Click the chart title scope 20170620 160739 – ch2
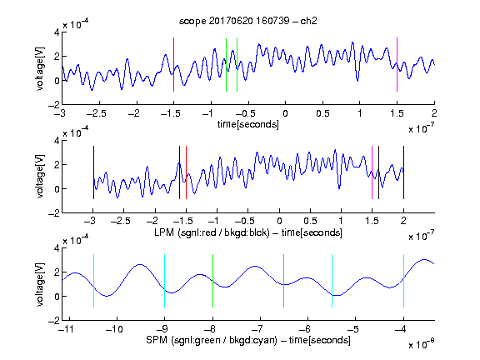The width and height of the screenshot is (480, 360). point(248,21)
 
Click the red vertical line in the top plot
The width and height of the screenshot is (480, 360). point(173,65)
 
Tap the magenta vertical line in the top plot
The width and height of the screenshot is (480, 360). point(397,65)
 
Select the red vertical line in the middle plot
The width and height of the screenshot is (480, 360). point(186,172)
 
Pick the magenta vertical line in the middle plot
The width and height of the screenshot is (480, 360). point(372,172)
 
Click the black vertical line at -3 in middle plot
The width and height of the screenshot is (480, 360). point(93,172)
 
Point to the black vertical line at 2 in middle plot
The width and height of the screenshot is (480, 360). point(403,172)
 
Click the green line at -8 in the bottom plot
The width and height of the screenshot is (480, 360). point(212,281)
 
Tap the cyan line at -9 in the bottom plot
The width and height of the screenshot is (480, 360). point(164,281)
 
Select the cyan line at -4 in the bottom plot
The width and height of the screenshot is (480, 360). point(403,281)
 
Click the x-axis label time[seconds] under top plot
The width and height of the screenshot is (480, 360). point(248,125)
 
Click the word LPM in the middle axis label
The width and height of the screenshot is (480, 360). point(164,232)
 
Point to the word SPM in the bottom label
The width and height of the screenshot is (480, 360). point(157,340)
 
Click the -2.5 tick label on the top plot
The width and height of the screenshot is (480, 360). point(96,113)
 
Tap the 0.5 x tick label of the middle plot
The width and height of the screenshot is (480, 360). point(310,221)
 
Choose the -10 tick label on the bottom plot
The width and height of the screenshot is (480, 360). point(114,329)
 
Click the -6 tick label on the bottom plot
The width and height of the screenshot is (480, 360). point(305,329)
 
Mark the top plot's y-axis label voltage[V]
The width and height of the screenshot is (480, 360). point(40,68)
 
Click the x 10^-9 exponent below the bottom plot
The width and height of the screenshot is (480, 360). point(422,344)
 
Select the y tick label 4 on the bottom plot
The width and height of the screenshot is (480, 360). point(57,248)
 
